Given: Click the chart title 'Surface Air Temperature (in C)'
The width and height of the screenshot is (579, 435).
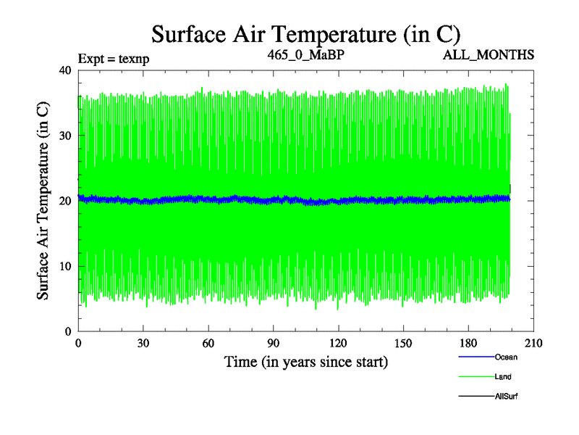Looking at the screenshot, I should pos(306,34).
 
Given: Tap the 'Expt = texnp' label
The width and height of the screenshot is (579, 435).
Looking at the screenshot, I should pos(114,59).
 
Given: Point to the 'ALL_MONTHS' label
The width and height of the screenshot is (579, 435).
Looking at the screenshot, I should pos(489,55).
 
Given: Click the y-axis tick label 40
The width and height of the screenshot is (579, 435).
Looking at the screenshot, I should pos(64,70).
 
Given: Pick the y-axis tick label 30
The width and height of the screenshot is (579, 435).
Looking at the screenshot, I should pos(64,136).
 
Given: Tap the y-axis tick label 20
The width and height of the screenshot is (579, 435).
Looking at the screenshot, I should pos(64,201).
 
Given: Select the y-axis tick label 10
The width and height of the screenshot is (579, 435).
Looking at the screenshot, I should pos(64,266).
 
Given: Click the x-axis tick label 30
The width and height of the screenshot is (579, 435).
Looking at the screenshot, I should pos(143,344).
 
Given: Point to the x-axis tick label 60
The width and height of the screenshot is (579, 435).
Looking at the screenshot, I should pos(208,344).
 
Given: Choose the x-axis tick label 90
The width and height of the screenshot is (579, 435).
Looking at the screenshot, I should pos(274,344).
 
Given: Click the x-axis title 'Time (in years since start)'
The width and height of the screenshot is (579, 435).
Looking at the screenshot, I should pos(306,361).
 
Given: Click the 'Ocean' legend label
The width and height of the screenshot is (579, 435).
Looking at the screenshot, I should pos(506,357).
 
